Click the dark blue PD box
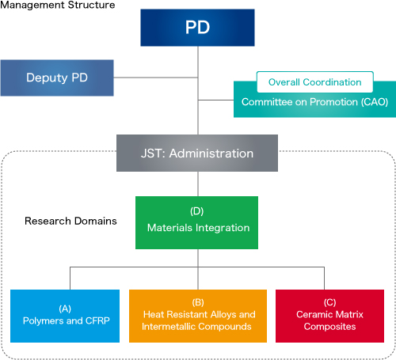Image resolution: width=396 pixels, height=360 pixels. click(x=197, y=28)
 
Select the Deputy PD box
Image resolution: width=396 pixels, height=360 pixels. click(x=57, y=78)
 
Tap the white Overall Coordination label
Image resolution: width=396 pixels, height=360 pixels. click(x=315, y=82)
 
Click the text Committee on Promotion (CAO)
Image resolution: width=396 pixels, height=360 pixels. click(x=314, y=102)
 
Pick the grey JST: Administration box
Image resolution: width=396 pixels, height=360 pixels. click(x=197, y=153)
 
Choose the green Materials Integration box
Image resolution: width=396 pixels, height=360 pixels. click(x=196, y=222)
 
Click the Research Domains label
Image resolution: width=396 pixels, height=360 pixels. click(x=70, y=221)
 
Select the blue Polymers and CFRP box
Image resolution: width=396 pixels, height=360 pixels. click(x=65, y=316)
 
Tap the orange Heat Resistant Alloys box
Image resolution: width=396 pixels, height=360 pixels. click(x=198, y=316)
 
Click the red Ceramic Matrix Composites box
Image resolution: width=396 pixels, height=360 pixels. click(x=329, y=316)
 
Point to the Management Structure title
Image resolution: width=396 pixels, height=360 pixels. click(x=58, y=5)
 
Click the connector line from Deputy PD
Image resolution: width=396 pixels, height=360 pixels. click(x=156, y=78)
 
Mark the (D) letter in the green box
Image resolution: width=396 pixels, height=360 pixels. click(x=197, y=211)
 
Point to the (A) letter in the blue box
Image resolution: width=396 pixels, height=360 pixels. click(x=65, y=309)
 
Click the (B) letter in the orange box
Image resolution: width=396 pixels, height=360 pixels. click(x=198, y=302)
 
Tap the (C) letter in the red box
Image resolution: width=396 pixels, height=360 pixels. click(x=330, y=302)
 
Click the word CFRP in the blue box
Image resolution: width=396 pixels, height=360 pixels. click(x=97, y=320)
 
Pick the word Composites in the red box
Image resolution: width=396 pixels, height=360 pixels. click(x=329, y=327)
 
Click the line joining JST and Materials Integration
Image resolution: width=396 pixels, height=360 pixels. click(x=198, y=184)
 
